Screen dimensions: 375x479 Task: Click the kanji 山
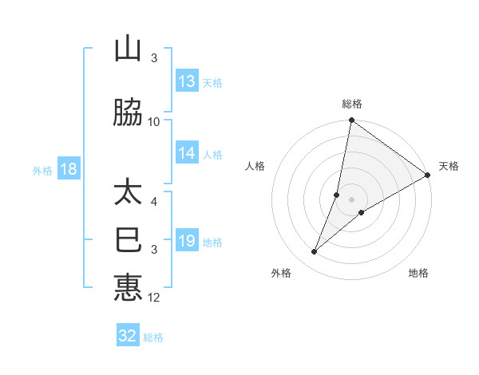pos(128,49)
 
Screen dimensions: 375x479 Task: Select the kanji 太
pos(128,193)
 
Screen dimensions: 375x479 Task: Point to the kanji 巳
pos(128,240)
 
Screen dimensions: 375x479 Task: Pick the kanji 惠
pos(128,287)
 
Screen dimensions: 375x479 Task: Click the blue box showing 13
pos(187,81)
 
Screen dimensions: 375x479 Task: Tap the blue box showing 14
pos(187,153)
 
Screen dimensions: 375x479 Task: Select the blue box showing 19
pos(187,241)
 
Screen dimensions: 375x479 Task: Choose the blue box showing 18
pos(68,170)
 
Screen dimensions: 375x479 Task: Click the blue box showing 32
pos(128,336)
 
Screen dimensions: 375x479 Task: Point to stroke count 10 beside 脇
pos(154,121)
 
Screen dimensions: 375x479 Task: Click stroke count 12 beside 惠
pos(154,298)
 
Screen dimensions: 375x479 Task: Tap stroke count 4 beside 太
pos(154,192)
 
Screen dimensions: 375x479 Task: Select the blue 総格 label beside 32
pos(153,337)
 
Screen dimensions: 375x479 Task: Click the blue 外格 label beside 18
pos(42,171)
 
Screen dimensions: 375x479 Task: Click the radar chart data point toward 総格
pos(351,120)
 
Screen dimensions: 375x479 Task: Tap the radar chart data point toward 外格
pos(315,252)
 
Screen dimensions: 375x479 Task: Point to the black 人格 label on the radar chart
pos(255,166)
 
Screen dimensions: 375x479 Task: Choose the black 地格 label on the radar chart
pos(418,273)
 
